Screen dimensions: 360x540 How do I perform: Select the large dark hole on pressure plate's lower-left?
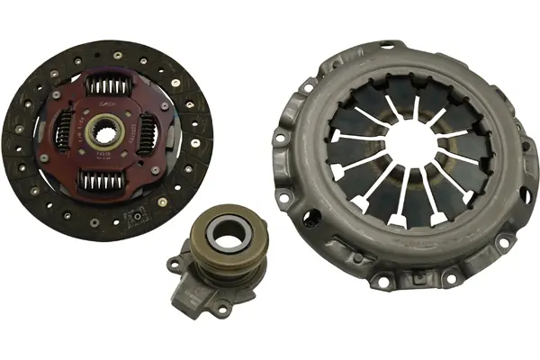pyautogui.click(x=312, y=217)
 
